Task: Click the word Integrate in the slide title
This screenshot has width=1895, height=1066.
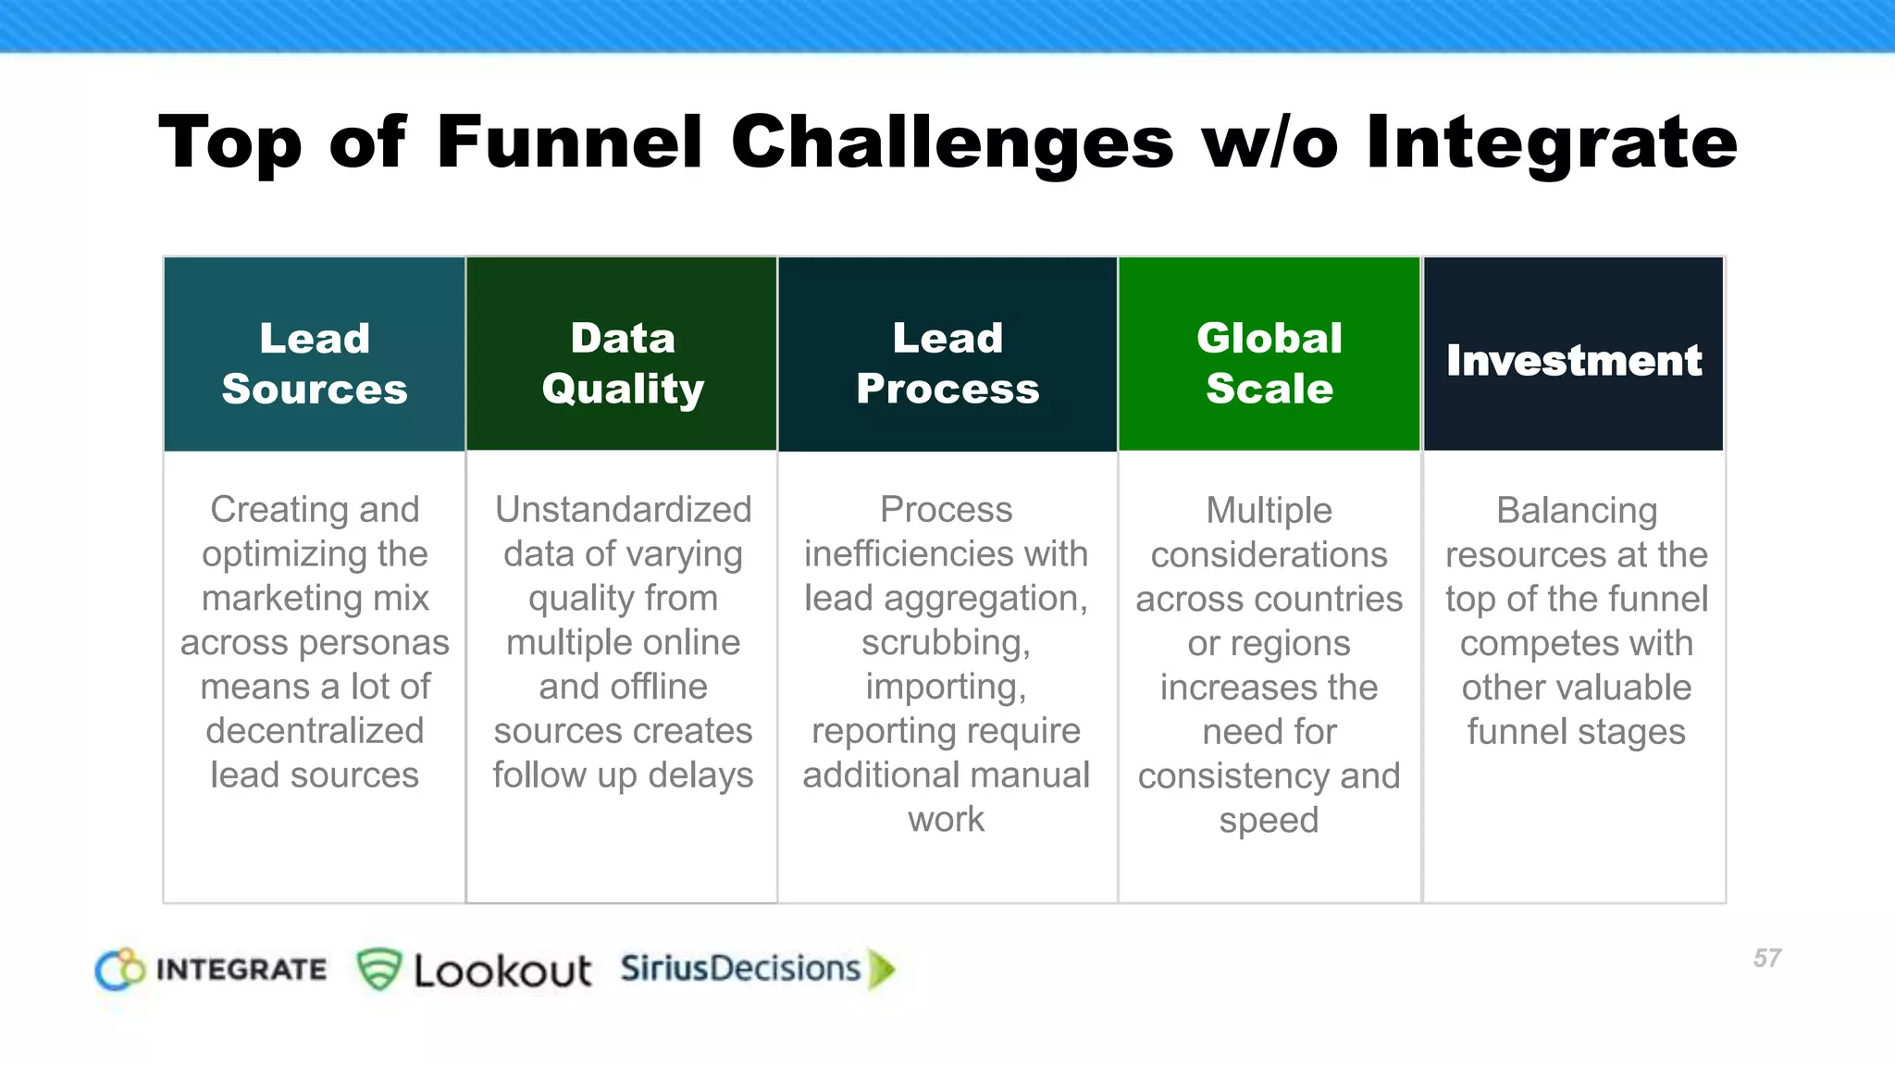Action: pos(1552,143)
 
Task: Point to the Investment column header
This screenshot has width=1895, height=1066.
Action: pos(1573,360)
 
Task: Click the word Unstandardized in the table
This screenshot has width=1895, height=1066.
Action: pos(623,510)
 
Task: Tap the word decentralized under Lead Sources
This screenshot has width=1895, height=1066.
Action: pos(315,731)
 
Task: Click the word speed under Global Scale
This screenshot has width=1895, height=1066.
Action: pos(1269,820)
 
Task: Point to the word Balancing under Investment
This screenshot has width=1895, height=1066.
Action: pos(1577,511)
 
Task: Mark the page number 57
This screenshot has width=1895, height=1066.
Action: pos(1766,958)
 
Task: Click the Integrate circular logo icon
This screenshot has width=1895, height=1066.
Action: pos(120,970)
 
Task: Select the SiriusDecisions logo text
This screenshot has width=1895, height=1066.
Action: pos(740,969)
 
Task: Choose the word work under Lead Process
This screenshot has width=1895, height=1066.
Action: pos(946,820)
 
